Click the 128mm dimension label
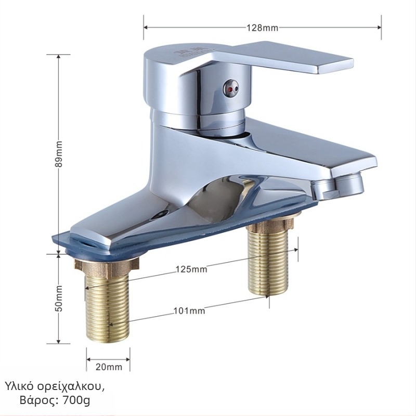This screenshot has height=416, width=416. pyautogui.click(x=263, y=28)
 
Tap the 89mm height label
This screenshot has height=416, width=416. pyautogui.click(x=59, y=154)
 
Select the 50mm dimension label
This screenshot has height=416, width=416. pyautogui.click(x=59, y=298)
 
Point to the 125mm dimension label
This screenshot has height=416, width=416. pyautogui.click(x=191, y=269)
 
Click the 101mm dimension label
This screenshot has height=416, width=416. pyautogui.click(x=189, y=310)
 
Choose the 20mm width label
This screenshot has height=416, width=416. pyautogui.click(x=109, y=367)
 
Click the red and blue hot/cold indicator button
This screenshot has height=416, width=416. pyautogui.click(x=231, y=87)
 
